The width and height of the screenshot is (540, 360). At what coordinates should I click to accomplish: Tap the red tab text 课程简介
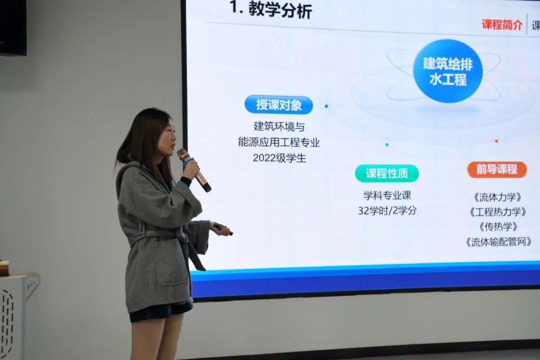tap(502, 25)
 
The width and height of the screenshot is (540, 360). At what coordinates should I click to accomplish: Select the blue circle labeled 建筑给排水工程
tap(447, 71)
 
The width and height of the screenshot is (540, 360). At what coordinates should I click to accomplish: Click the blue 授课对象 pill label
tap(278, 104)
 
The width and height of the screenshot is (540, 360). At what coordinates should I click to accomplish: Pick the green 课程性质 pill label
tap(386, 173)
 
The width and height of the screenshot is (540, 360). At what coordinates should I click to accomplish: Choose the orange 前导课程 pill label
tap(497, 169)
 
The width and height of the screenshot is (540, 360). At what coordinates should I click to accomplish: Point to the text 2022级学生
tap(279, 158)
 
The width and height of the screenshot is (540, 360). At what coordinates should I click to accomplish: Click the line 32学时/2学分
tap(387, 210)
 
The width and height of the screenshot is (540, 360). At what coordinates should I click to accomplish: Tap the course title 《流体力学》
tap(497, 197)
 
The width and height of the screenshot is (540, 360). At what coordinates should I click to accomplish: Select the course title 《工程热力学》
tap(497, 212)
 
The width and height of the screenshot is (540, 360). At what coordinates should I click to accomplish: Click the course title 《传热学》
tap(498, 226)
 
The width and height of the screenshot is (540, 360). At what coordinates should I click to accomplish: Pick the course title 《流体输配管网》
tap(498, 242)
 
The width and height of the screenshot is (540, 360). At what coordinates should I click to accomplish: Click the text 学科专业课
tap(387, 195)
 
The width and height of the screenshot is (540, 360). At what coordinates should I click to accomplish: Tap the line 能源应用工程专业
tap(279, 142)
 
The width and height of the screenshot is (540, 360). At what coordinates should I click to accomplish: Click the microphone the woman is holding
tap(194, 169)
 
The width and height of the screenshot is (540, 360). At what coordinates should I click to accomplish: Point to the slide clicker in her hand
tap(223, 228)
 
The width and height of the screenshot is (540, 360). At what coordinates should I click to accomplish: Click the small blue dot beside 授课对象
tap(326, 106)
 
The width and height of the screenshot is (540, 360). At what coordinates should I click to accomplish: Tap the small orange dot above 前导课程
tap(496, 141)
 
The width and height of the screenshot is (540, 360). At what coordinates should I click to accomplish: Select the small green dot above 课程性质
tap(386, 144)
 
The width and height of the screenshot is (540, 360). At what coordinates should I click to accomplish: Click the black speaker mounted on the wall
tap(13, 27)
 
